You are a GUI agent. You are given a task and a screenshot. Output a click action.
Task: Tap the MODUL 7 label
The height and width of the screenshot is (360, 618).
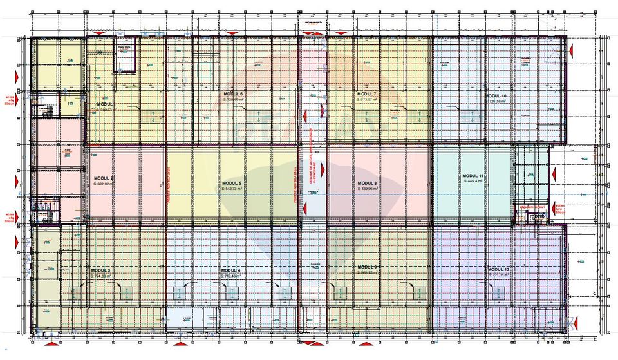tap(367, 94)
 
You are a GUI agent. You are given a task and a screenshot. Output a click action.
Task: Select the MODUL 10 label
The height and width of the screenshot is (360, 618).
tap(496, 95)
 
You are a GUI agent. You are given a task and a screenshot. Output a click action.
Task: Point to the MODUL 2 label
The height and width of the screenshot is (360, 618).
tap(104, 178)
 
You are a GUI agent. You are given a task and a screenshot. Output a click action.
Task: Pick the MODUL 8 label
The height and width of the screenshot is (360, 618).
tap(367, 184)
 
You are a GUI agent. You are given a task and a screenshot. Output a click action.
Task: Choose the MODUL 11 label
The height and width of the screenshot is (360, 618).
tap(473, 175)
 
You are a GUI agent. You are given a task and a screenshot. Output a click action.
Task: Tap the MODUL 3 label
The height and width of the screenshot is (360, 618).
tap(100, 270)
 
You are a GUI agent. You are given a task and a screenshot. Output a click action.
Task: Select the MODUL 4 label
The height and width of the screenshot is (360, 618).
tap(230, 270)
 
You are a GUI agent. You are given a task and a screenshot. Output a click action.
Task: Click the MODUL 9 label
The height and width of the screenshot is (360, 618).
tap(367, 267)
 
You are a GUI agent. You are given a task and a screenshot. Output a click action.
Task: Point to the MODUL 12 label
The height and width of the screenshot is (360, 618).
tap(498, 269)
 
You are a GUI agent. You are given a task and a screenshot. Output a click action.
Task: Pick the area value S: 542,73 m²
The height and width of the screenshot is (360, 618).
tap(234, 189)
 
